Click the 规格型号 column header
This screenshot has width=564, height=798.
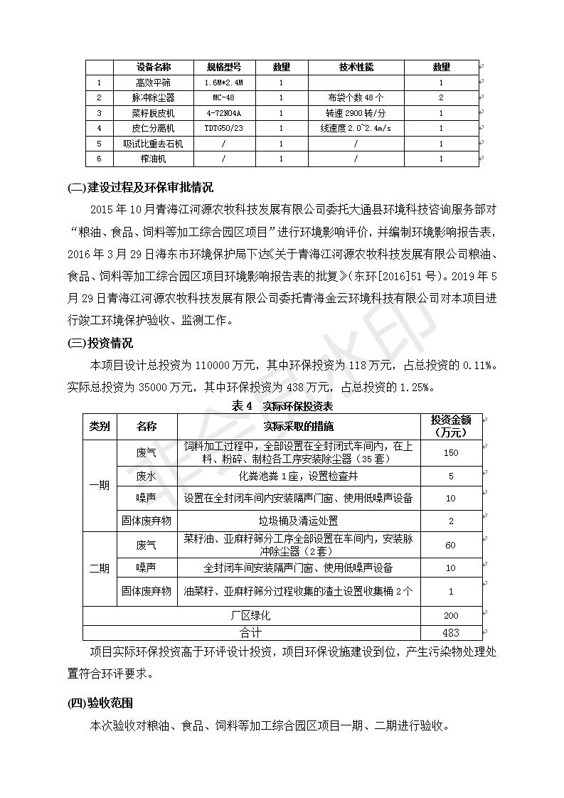[x=223, y=67]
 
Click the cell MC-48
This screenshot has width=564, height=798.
[x=223, y=97]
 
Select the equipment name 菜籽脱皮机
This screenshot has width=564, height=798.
[x=153, y=113]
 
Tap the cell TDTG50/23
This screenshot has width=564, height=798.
[x=223, y=128]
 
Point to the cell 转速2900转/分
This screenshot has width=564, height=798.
[x=356, y=113]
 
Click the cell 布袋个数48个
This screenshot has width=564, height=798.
[x=356, y=97]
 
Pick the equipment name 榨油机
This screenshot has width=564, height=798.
[x=153, y=159]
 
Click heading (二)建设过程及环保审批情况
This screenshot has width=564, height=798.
[x=140, y=188]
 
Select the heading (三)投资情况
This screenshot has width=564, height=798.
[x=100, y=343]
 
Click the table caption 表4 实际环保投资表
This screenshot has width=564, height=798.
[x=282, y=406]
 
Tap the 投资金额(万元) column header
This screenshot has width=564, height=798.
[x=451, y=426]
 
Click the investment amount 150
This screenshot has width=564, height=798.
[x=451, y=453]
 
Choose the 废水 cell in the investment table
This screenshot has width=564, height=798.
[x=147, y=476]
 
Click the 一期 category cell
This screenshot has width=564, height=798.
[x=99, y=486]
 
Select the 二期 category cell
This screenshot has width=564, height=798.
[x=99, y=568]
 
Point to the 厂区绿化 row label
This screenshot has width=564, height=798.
[x=251, y=615]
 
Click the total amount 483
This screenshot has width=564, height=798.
[x=451, y=632]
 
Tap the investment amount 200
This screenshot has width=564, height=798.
[x=451, y=615]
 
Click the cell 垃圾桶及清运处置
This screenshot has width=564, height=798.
[x=298, y=521]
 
